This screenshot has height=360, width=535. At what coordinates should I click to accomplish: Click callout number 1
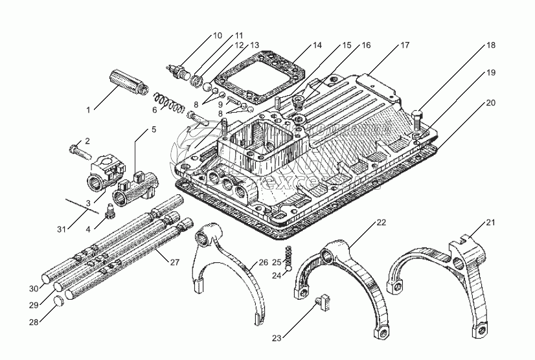pos(88,110)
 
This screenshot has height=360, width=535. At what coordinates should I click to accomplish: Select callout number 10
pos(218,36)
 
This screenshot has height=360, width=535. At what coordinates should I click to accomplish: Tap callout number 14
pos(317,45)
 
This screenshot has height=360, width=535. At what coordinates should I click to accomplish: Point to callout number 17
pos(404,45)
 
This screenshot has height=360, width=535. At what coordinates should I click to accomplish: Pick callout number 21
pos(490,223)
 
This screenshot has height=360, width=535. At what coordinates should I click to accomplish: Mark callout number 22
pos(381,223)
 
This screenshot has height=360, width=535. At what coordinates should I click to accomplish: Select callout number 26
pos(263,262)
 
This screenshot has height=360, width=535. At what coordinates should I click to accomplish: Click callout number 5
pos(154,129)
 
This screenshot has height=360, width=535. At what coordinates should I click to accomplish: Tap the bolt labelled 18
pos(416,120)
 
